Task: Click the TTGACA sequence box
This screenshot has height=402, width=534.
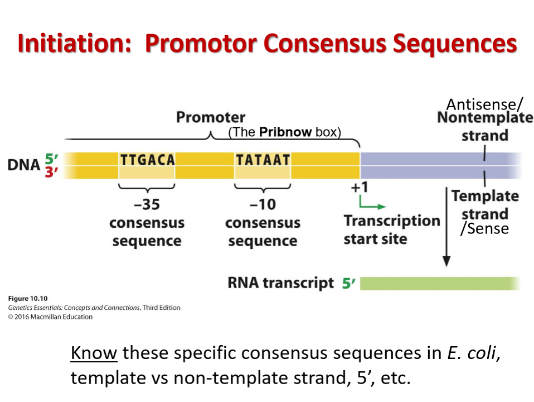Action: click(147, 160)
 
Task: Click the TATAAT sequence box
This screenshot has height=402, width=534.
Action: click(263, 160)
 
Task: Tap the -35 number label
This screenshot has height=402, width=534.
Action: click(147, 204)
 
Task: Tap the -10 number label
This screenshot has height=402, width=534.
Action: click(263, 204)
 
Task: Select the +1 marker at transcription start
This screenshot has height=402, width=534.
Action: click(359, 187)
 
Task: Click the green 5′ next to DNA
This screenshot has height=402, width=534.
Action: click(51, 159)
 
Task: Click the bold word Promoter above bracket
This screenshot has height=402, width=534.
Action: click(210, 117)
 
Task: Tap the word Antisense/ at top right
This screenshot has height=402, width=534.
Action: click(484, 104)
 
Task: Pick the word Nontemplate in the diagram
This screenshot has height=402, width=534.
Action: click(484, 118)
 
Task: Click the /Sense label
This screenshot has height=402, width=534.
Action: click(484, 228)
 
